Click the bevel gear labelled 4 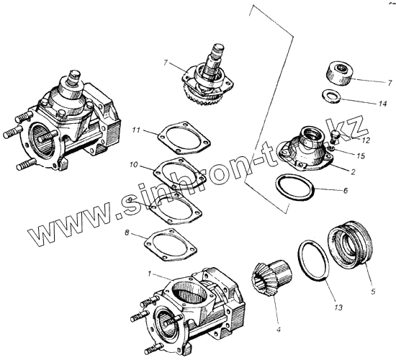click(x=271, y=278)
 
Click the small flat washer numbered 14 click(x=332, y=96)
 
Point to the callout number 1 click(x=150, y=274)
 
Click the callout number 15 click(x=361, y=156)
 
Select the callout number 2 click(x=353, y=172)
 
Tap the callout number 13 click(x=338, y=307)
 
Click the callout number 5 click(x=373, y=292)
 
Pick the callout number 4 click(x=279, y=330)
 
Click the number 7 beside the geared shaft click(x=166, y=63)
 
